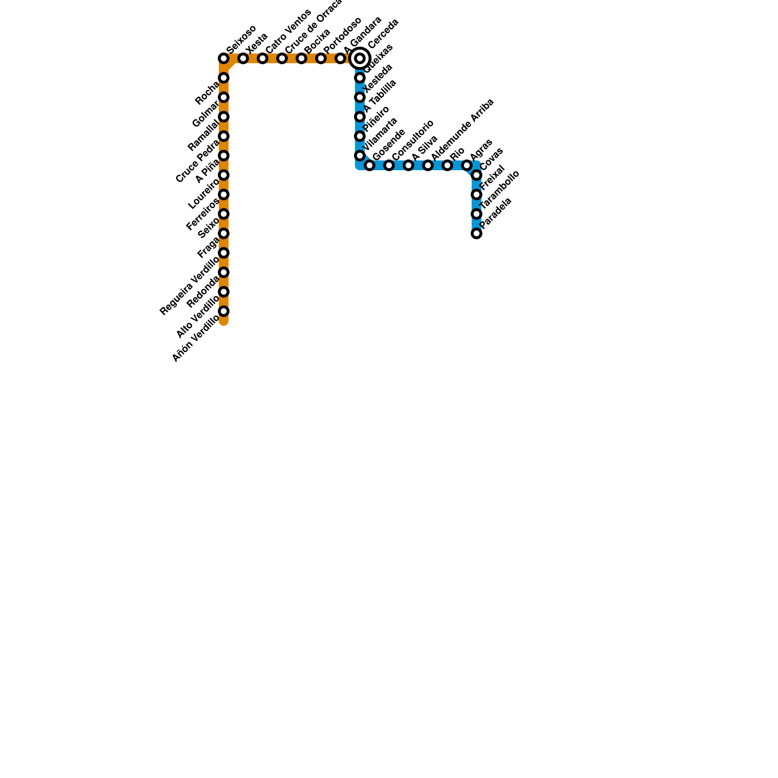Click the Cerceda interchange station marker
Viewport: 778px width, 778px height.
coord(360,59)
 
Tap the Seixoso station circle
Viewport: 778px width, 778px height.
coord(224,59)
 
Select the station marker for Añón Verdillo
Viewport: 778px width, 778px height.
coord(224,311)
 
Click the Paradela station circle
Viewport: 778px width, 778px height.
coord(477,233)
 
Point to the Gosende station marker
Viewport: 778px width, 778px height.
coord(370,166)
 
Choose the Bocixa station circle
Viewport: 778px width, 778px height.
coord(301,59)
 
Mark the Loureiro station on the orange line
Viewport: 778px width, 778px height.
coord(224,175)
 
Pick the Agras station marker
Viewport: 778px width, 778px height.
coord(467,166)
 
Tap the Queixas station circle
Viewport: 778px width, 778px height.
coord(360,78)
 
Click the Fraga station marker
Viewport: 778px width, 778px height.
coord(224,233)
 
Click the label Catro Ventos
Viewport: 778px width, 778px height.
coord(288,31)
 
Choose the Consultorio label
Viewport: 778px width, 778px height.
coord(412,140)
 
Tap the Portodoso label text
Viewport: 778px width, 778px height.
coord(342,35)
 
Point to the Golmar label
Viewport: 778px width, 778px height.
coord(206,115)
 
